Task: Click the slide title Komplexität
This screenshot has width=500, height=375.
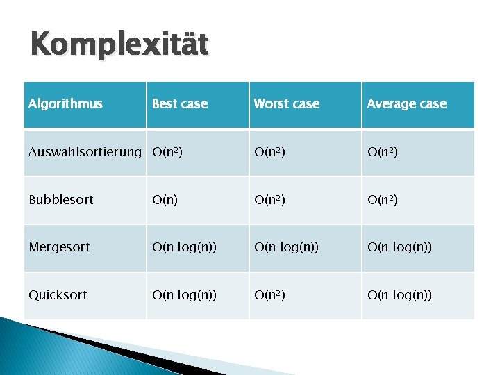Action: coord(119,46)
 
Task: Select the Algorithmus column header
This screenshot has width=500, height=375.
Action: coord(65,104)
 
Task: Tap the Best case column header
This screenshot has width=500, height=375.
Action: coord(180,104)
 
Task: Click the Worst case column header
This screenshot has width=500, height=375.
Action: coord(287,104)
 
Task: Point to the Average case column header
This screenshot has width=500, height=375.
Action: coord(406,104)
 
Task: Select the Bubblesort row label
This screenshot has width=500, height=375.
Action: coord(61,200)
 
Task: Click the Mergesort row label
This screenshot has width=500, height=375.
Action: coord(59,247)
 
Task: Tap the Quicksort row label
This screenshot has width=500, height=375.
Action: coord(58,295)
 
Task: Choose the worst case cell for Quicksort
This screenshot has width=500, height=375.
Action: coord(269,295)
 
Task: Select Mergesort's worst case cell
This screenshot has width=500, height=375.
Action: coord(286,247)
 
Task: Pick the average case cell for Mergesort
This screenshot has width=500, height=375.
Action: coord(399,247)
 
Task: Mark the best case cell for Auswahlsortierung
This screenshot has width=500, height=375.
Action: coord(168,152)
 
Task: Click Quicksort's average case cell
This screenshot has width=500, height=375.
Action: coord(399,295)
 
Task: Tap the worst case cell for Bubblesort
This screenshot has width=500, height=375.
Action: coord(269,200)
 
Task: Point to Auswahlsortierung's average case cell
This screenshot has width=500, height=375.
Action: coord(383,152)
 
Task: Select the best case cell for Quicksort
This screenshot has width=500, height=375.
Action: coord(185,295)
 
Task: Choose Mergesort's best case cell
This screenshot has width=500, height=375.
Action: coord(185,247)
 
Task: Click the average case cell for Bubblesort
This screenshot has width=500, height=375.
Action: coord(383,200)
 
